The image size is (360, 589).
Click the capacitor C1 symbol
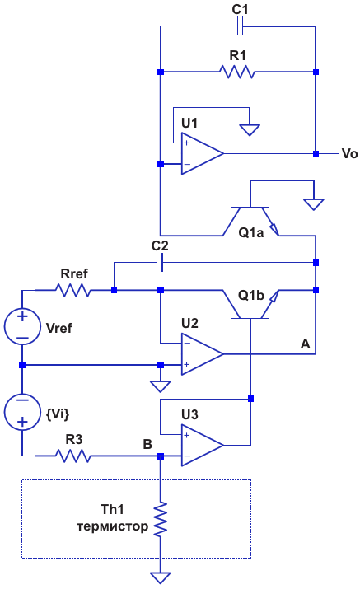coord(240,26)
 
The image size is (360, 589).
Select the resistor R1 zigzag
coord(237,72)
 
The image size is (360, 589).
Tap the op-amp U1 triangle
coord(202,153)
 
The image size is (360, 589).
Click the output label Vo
coord(349,154)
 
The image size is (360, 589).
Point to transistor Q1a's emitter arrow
coord(274,228)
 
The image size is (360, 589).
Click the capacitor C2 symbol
coord(160,262)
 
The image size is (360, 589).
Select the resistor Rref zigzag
coord(72,290)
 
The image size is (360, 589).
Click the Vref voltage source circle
coord(22,327)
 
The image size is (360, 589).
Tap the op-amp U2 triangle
coord(202,354)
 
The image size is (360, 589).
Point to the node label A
coord(305,344)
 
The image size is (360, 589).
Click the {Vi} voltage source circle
coord(22,412)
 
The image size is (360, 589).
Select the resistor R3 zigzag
coord(72,456)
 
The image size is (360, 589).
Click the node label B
coord(147,444)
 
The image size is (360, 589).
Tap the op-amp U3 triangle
coord(202,445)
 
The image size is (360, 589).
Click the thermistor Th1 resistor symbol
coord(161,519)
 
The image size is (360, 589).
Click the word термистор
coord(112,526)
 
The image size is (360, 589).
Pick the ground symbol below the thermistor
coord(161,577)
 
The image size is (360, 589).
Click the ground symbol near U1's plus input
coord(250,130)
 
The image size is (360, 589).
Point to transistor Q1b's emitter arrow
coord(274,297)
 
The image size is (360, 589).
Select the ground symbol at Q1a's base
coord(314,204)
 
